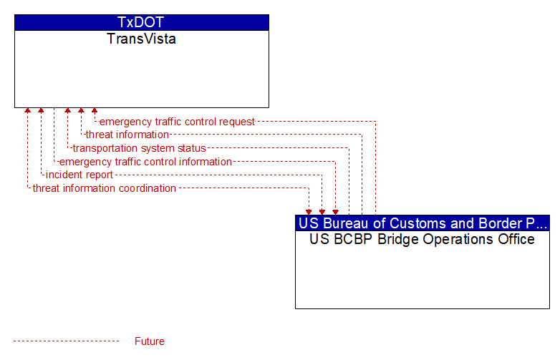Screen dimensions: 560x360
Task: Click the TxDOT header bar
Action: click(142, 22)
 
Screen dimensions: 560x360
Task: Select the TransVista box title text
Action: click(141, 39)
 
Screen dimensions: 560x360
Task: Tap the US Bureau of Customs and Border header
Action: click(423, 223)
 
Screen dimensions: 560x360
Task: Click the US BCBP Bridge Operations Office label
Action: click(422, 239)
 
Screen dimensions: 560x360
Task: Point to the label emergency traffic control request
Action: click(177, 122)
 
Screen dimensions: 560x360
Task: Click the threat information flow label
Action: click(127, 135)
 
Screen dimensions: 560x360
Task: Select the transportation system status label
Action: click(140, 148)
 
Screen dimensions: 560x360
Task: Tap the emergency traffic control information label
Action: click(145, 162)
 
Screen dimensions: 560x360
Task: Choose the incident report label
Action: click(79, 175)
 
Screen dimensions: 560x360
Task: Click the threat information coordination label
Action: click(105, 188)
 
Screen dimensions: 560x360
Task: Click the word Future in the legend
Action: click(150, 341)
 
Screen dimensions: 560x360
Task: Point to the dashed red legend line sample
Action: click(66, 341)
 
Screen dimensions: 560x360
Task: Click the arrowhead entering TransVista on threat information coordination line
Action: click(27, 110)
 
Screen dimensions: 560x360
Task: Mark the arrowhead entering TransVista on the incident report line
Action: click(41, 110)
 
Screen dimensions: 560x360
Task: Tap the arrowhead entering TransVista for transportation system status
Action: click(67, 110)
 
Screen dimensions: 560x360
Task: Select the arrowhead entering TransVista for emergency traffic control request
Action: click(95, 110)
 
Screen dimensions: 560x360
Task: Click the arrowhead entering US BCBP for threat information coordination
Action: click(309, 213)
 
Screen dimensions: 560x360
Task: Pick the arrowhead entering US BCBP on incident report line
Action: click(322, 213)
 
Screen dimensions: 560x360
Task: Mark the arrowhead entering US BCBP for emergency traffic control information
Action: click(335, 213)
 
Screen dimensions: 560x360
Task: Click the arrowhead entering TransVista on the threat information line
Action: click(81, 110)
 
